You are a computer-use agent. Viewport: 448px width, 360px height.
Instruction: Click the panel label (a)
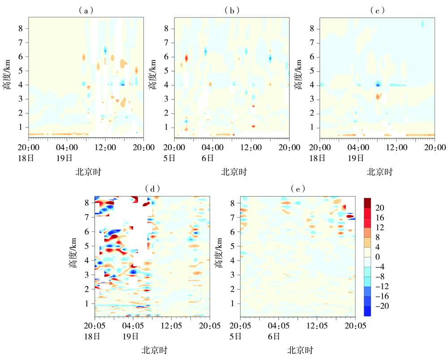(86, 10)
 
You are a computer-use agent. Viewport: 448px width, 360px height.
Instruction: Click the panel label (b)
(232, 10)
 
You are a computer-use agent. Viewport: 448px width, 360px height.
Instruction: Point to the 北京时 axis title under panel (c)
(379, 171)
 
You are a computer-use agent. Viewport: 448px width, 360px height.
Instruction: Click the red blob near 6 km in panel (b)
(186, 58)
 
